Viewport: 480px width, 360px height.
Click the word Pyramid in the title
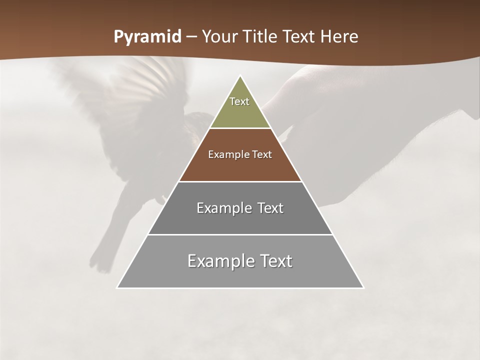147,37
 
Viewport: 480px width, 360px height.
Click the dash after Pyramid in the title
190,37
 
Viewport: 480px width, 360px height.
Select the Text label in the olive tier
239,101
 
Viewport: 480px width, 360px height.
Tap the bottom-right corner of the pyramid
363,287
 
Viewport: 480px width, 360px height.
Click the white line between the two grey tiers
240,234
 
